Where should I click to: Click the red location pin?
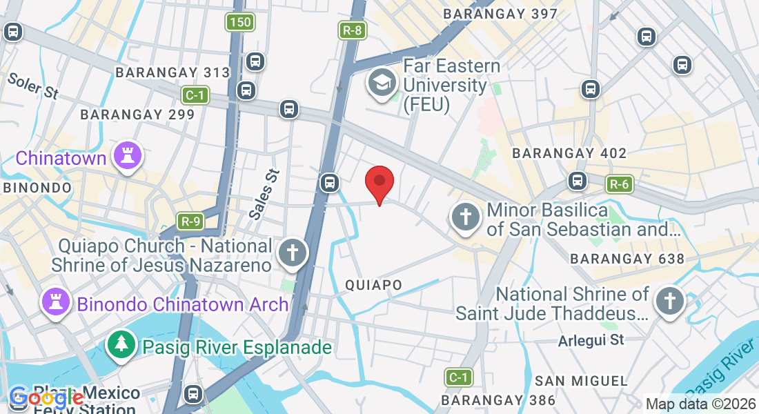pyautogui.click(x=379, y=183)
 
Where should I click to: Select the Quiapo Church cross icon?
pyautogui.click(x=292, y=253)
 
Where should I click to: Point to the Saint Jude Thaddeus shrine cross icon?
pyautogui.click(x=669, y=302)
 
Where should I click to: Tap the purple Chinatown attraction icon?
pyautogui.click(x=128, y=155)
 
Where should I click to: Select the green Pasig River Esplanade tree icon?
pyautogui.click(x=121, y=344)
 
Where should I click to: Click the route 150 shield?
pyautogui.click(x=240, y=22)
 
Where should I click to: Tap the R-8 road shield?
pyautogui.click(x=351, y=30)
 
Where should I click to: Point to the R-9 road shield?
pyautogui.click(x=190, y=221)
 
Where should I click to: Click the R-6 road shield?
pyautogui.click(x=619, y=184)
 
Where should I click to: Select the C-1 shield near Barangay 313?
pyautogui.click(x=195, y=95)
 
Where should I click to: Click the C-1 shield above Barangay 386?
pyautogui.click(x=457, y=377)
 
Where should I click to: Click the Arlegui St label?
pyautogui.click(x=591, y=339)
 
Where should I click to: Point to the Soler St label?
pyautogui.click(x=32, y=86)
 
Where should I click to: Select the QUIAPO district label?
pyautogui.click(x=373, y=285)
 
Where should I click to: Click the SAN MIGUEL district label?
pyautogui.click(x=581, y=381)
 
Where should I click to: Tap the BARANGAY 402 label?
pyautogui.click(x=569, y=153)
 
